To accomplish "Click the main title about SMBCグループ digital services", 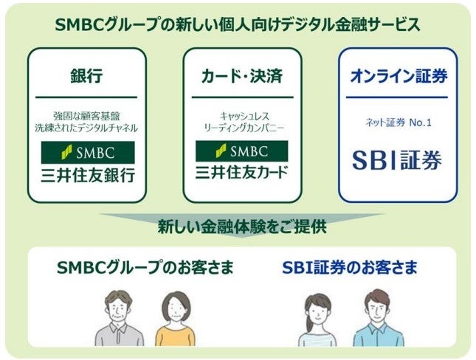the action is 238,24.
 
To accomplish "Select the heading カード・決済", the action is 241,76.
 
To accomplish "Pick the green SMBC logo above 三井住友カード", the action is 242,152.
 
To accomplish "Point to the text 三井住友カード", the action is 242,175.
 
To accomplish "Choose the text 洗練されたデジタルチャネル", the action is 86,128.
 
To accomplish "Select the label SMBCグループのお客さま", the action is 145,267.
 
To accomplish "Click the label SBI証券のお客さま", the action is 350,267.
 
